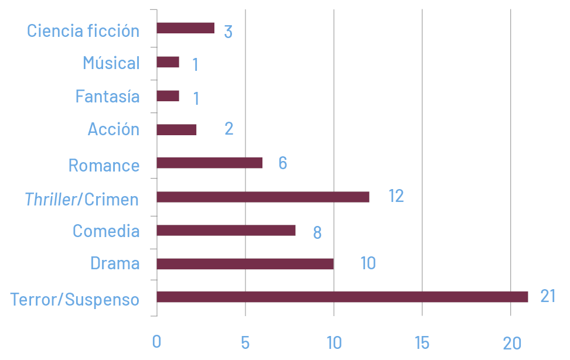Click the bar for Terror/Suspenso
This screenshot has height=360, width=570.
coord(342,297)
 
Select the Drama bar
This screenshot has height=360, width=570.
coord(245,264)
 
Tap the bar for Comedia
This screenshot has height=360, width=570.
coord(226,231)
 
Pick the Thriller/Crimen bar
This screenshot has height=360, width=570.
coord(263,197)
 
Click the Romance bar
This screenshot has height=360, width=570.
coord(209,163)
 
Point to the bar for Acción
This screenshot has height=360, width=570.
coord(176,130)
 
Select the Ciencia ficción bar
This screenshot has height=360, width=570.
coord(185,28)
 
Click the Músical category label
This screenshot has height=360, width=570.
coord(111,63)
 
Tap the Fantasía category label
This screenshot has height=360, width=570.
coord(107,96)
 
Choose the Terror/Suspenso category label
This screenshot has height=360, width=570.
coord(75,300)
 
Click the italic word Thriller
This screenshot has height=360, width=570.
coord(51,200)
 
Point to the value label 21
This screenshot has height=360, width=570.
coord(547,296)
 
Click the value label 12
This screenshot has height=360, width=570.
coord(396,196)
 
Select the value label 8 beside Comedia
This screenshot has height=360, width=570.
coord(317,232)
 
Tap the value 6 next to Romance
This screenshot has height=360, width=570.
coord(282,163)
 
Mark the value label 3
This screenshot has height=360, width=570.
coord(228,32)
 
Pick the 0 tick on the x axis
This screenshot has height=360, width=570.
coord(156,342)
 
